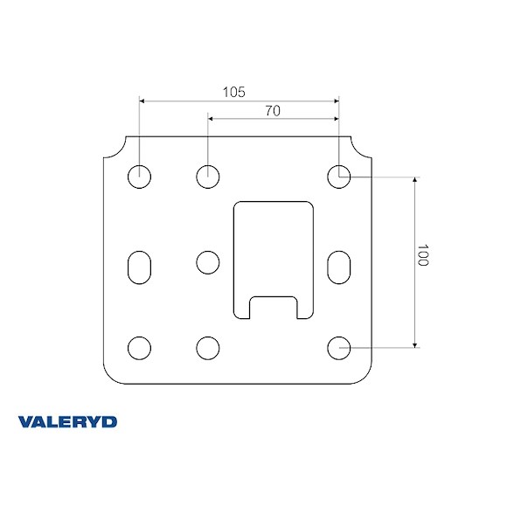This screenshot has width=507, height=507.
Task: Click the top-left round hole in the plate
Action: [x=139, y=177]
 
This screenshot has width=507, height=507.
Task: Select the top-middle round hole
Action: [x=207, y=177]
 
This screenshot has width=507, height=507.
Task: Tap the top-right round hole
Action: [x=338, y=177]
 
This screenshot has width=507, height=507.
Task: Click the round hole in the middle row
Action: [x=207, y=262]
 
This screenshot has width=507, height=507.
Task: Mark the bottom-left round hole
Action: [x=139, y=348]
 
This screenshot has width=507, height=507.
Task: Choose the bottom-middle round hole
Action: [x=207, y=348]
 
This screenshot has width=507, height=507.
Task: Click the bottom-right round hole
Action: [x=338, y=348]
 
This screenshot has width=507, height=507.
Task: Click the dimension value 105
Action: [x=234, y=91]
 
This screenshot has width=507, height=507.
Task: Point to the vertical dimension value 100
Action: [x=423, y=255]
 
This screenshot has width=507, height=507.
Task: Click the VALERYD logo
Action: [x=67, y=422]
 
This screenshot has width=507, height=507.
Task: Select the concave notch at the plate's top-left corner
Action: [x=115, y=149]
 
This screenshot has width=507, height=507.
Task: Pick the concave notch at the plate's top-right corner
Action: [x=362, y=149]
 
